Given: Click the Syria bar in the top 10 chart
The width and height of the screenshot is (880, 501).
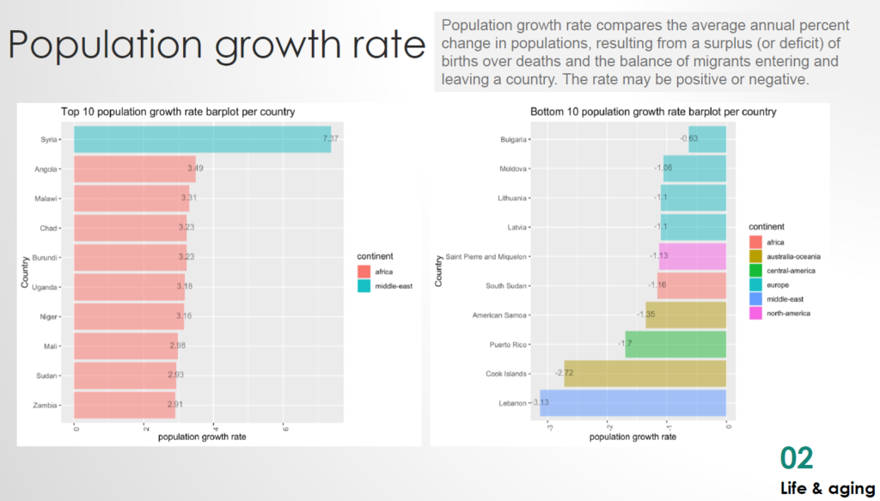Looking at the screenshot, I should click(x=202, y=139).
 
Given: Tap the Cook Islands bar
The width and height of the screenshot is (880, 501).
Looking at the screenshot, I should click(x=645, y=374).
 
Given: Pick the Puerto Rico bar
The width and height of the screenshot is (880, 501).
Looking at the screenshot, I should click(x=675, y=345).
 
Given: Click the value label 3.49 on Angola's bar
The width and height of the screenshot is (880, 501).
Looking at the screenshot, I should click(x=195, y=168).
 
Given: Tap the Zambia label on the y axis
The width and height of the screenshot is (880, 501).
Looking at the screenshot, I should click(x=46, y=404).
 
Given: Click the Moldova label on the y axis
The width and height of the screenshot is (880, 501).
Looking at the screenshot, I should click(x=513, y=168).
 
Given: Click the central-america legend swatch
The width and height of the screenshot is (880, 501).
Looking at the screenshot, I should click(x=755, y=271).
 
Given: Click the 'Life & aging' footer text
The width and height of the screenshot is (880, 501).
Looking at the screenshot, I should click(x=828, y=488).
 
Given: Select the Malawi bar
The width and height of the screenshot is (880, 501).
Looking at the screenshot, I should click(x=131, y=198).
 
